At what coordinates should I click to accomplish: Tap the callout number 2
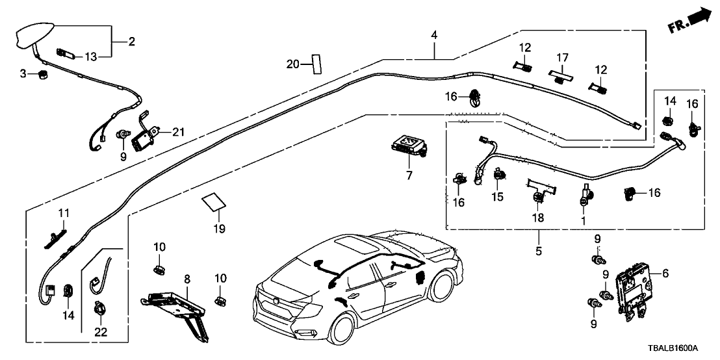point(131,42)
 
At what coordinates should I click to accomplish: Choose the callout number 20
point(293,64)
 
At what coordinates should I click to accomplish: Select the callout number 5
point(539,250)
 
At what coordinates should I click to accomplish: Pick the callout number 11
point(63,212)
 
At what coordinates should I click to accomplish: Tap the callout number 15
point(498,196)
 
